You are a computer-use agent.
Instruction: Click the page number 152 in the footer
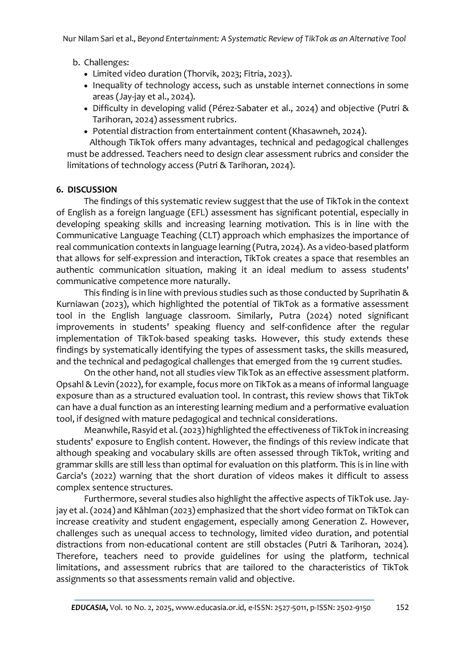pyautogui.click(x=402, y=607)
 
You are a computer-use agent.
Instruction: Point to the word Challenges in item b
pyautogui.click(x=106, y=62)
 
